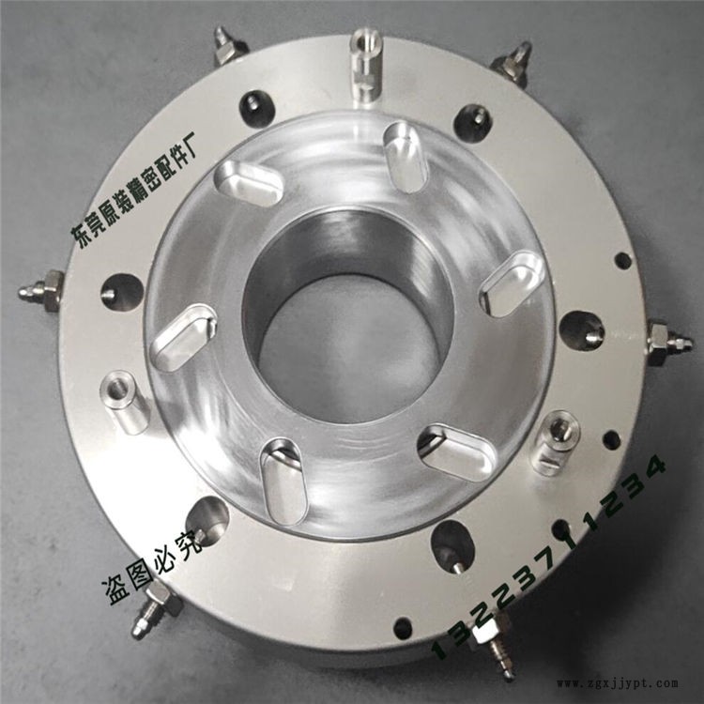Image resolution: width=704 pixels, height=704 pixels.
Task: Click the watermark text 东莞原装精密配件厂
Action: click(x=134, y=189)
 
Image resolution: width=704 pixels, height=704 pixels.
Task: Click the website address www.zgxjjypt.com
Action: click(x=618, y=683)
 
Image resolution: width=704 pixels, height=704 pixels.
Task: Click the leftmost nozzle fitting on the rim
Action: click(x=41, y=290)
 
